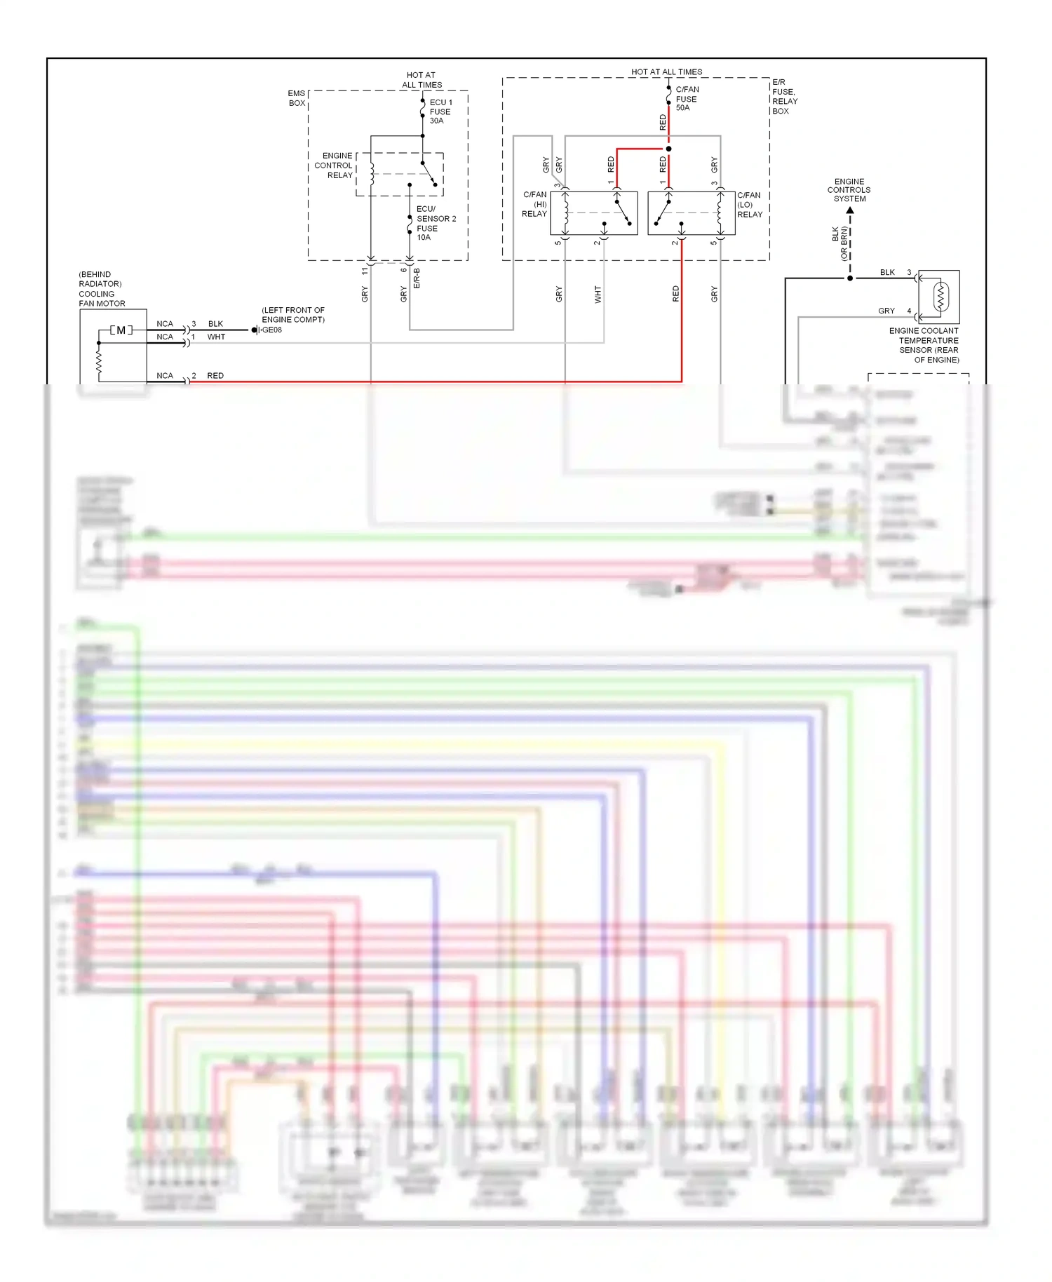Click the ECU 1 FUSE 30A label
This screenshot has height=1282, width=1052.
(440, 112)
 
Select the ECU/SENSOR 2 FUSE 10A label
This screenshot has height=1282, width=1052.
(435, 223)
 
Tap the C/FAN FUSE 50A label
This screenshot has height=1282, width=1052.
(687, 99)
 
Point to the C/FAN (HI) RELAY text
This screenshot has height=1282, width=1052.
(534, 204)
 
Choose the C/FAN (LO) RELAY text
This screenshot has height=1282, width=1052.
(749, 205)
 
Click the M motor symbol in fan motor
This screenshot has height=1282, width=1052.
(121, 330)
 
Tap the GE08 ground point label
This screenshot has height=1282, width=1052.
(272, 330)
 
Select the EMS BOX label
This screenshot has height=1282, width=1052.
(297, 98)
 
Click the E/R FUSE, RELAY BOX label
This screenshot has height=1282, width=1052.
(784, 97)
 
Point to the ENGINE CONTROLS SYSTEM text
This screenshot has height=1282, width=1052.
(849, 190)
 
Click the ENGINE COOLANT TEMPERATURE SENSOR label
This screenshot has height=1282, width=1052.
(924, 345)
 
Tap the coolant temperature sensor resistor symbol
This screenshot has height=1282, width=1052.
(940, 297)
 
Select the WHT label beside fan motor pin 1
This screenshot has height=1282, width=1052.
(216, 337)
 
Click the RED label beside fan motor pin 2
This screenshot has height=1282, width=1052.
(215, 376)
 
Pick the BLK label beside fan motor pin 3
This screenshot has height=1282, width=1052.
(215, 324)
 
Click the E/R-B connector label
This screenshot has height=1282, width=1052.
(417, 278)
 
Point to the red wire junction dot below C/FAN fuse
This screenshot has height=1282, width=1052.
(668, 149)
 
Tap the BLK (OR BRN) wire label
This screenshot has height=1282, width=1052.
(839, 243)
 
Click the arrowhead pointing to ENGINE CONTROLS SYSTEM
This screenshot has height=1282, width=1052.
(850, 210)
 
